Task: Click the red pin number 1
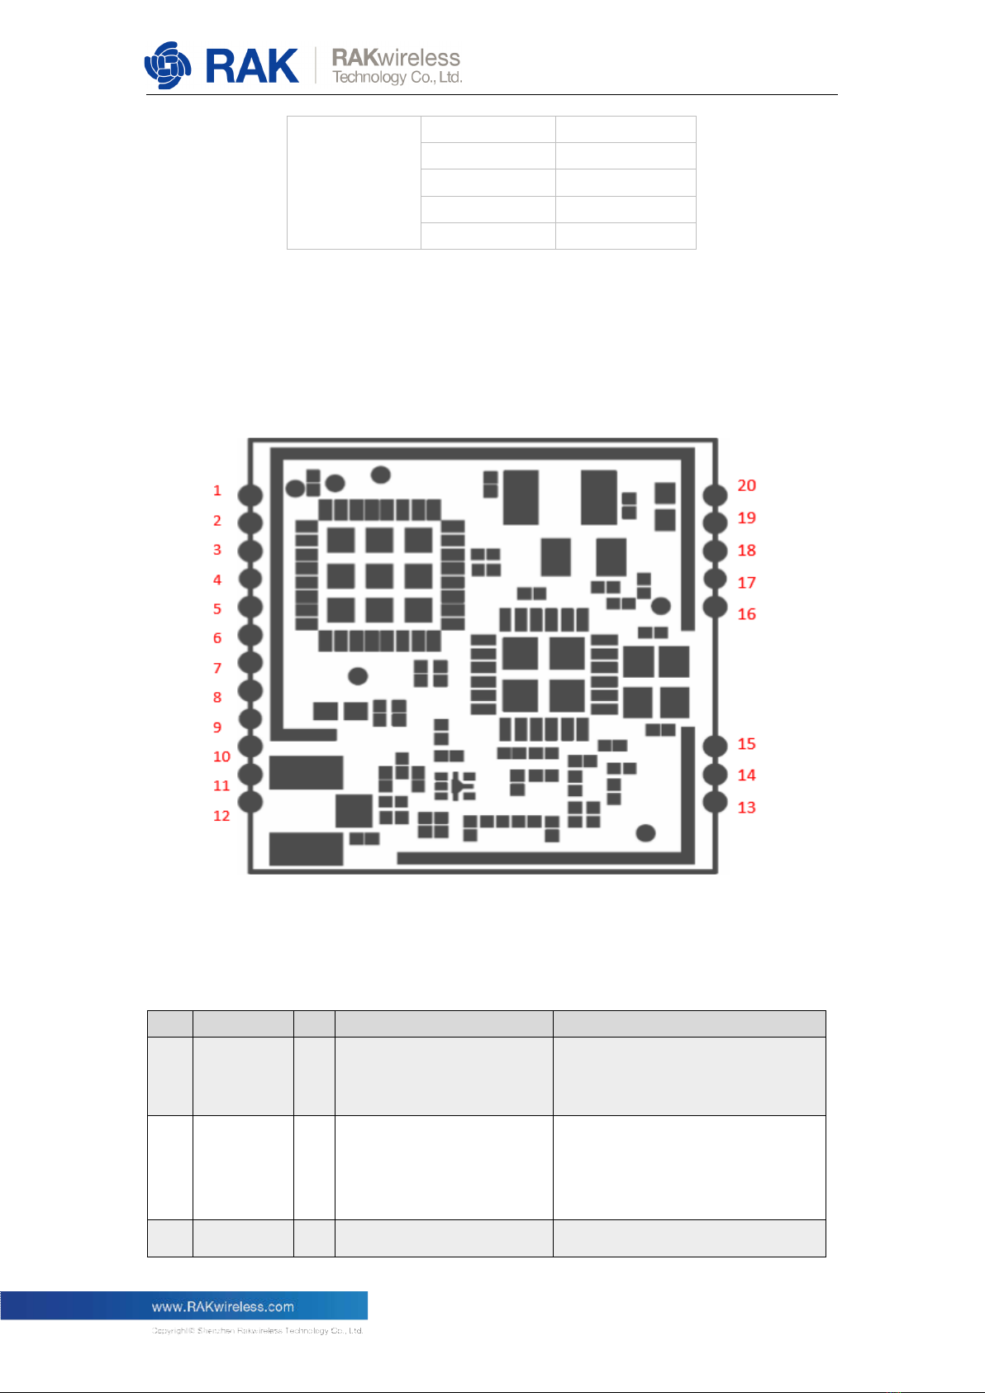click(217, 490)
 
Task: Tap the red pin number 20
click(746, 485)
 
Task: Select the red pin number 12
click(221, 816)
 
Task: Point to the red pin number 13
click(746, 807)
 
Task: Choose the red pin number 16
click(746, 614)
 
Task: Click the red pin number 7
click(217, 668)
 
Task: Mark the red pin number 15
click(746, 744)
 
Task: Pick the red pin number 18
click(746, 551)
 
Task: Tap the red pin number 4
click(217, 580)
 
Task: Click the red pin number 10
click(221, 756)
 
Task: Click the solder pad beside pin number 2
click(250, 522)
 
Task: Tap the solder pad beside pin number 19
click(715, 522)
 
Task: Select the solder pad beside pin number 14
click(715, 774)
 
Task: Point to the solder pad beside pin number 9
click(250, 718)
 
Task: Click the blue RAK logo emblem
click(168, 65)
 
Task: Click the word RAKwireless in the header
click(396, 58)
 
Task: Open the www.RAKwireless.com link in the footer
click(222, 1307)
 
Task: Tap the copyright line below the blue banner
click(257, 1331)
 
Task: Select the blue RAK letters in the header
click(251, 66)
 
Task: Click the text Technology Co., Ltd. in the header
click(397, 78)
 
